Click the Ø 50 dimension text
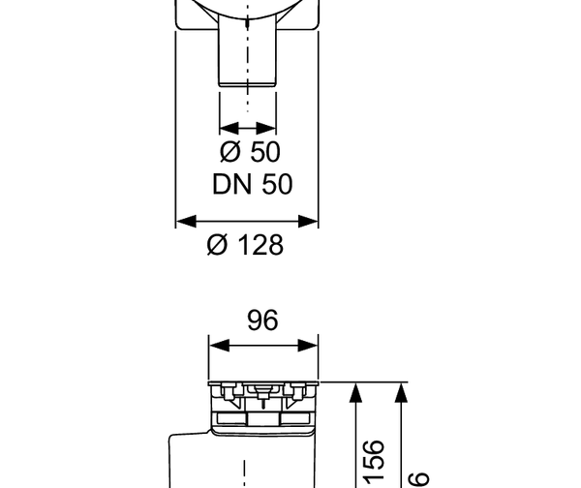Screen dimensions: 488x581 251,152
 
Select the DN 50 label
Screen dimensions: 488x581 252,183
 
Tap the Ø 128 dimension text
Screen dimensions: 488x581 245,245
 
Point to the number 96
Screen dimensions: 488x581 262,320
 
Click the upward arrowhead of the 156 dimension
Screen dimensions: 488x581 355,388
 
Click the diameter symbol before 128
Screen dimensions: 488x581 217,245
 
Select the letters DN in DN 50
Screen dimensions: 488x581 229,183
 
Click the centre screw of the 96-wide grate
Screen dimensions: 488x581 260,390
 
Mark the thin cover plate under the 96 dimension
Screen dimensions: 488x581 264,382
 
